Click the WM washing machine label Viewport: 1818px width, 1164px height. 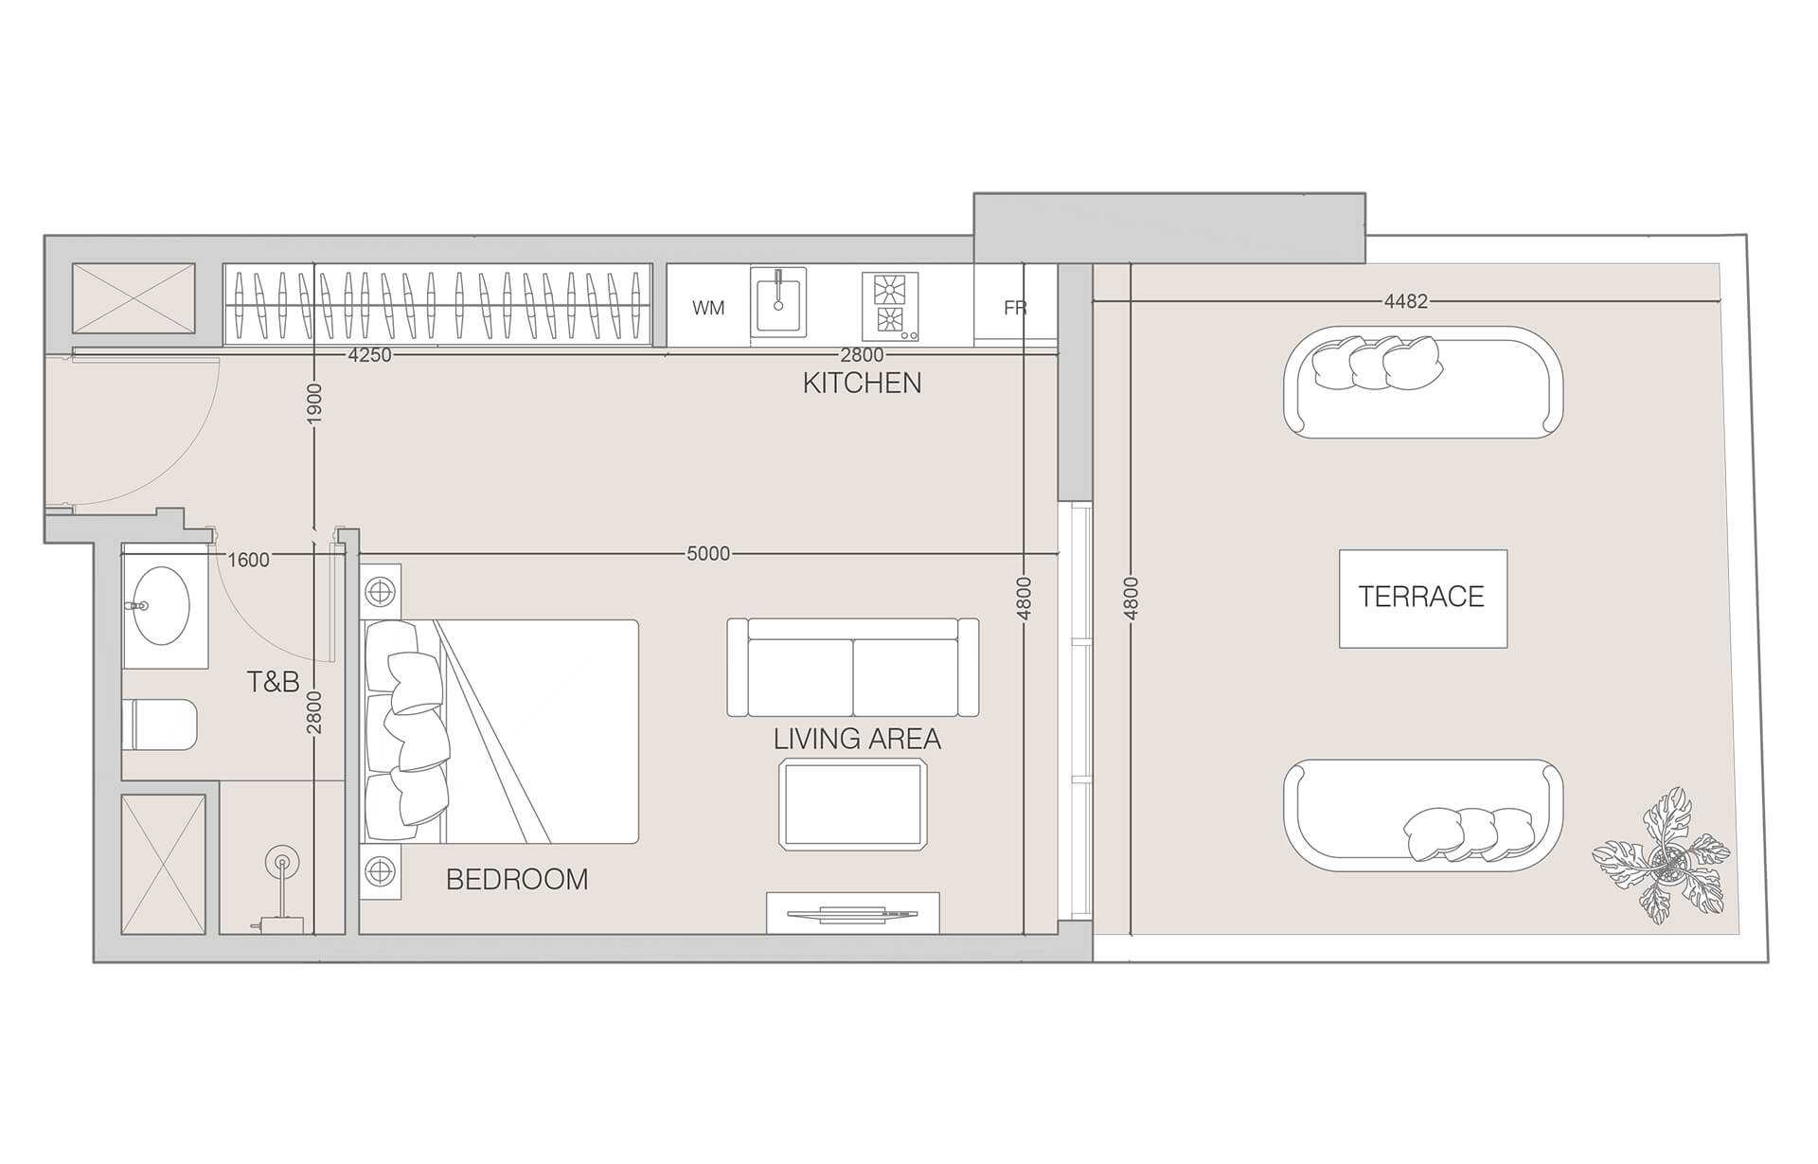[708, 308]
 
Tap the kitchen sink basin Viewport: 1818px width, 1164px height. [778, 301]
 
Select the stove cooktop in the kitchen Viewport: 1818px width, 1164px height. [890, 306]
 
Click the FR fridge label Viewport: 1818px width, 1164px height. [1015, 308]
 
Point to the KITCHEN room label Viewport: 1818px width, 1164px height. [862, 383]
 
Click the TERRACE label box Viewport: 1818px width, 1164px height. [1422, 598]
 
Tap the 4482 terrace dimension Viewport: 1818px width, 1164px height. [1405, 301]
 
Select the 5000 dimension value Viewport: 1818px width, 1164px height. [708, 553]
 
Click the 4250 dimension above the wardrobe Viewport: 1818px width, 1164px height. [369, 355]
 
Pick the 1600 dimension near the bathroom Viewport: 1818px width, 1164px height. [249, 560]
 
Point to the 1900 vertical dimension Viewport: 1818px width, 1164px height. [315, 403]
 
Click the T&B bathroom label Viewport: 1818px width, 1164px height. [273, 681]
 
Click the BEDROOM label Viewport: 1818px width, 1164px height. [517, 880]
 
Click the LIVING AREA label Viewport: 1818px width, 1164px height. [857, 739]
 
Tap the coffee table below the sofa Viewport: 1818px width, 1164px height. [853, 804]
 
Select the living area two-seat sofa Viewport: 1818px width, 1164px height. [853, 667]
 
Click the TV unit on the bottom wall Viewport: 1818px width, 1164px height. [853, 913]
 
